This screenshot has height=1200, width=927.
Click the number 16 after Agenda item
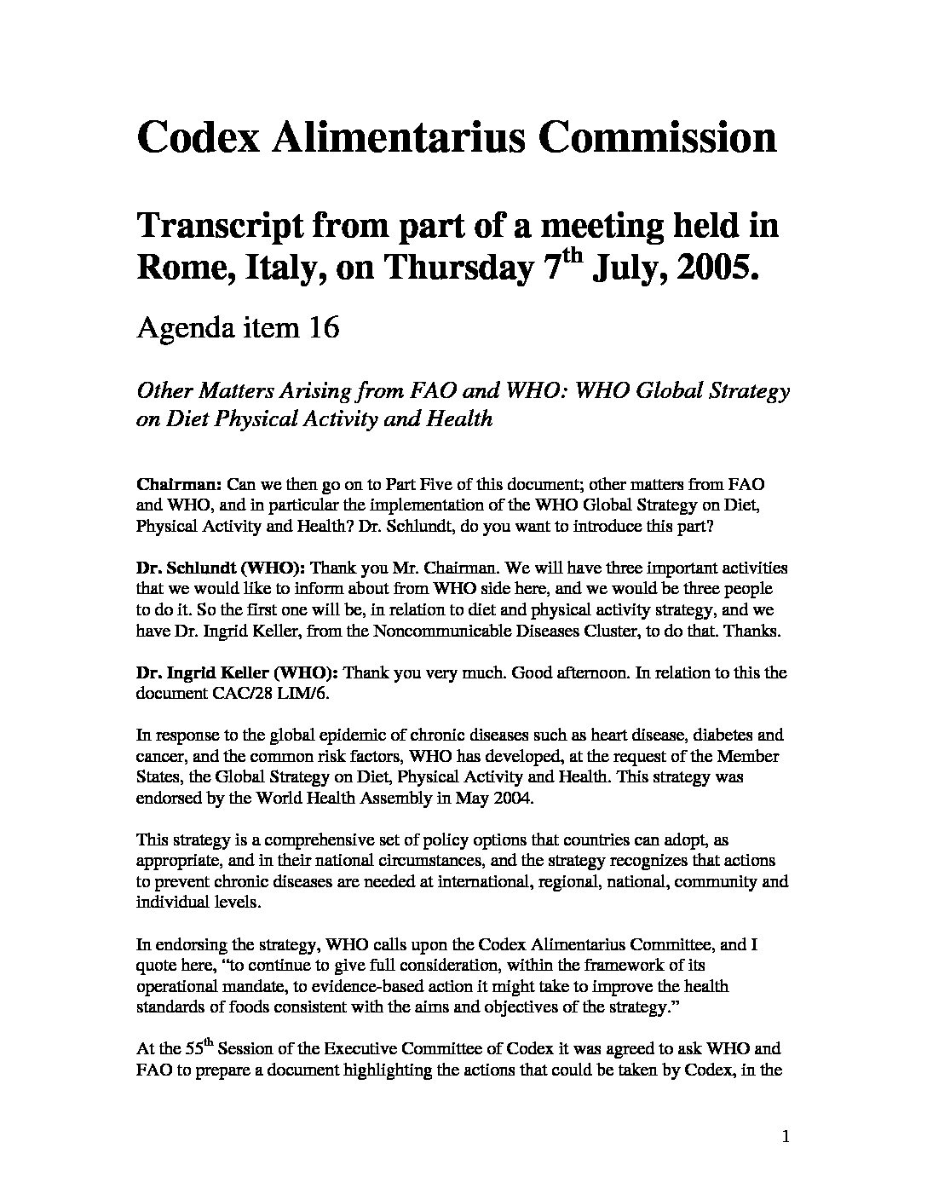[323, 327]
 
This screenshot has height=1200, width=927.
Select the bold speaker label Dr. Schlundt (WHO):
[221, 568]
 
